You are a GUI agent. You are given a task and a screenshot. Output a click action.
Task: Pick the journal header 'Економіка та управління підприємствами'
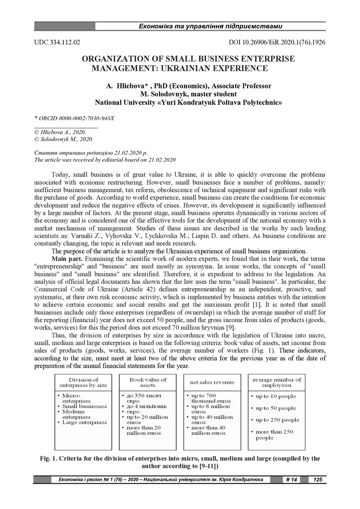click(210, 26)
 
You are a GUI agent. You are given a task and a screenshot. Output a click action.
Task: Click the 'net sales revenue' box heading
click(212, 382)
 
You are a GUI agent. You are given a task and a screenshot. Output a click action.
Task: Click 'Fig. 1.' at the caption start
click(50, 458)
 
